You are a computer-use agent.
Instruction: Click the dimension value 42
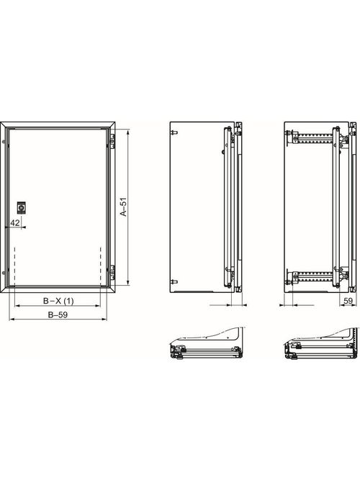pos(15,223)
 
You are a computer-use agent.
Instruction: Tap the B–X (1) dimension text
pos(58,301)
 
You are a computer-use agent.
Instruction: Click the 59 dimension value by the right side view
pos(348,301)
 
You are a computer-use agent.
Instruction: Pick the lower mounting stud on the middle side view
pos(174,280)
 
